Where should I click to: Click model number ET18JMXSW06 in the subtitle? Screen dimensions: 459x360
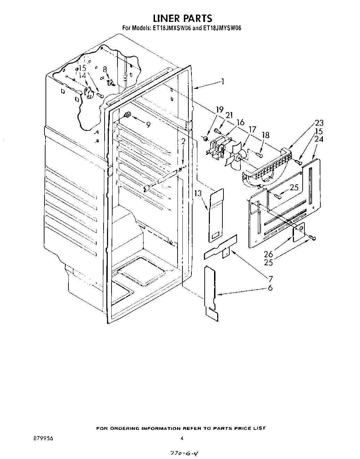click(x=170, y=28)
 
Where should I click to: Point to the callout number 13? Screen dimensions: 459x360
click(x=198, y=193)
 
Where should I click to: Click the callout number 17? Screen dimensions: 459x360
click(x=252, y=130)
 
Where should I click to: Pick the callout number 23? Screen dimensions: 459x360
click(x=319, y=123)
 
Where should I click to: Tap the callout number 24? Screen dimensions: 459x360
click(x=319, y=140)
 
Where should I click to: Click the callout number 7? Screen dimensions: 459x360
click(x=270, y=278)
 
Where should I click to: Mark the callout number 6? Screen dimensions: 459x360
click(x=270, y=287)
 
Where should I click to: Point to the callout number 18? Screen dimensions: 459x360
click(x=265, y=135)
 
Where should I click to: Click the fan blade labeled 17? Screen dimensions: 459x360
click(x=233, y=156)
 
